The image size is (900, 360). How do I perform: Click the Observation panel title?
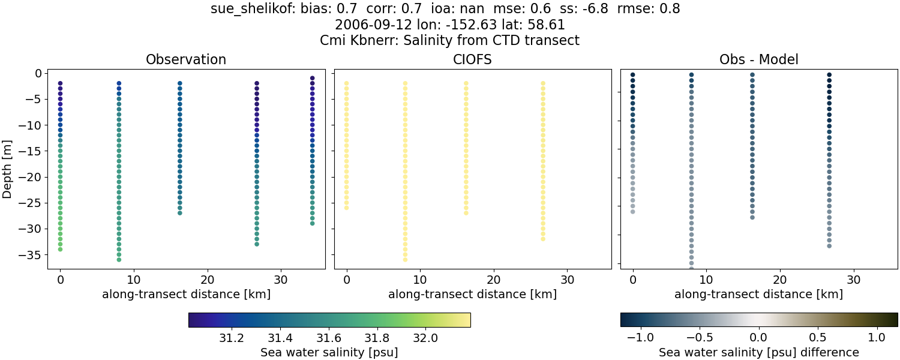coord(186,59)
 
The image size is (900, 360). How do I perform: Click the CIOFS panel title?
coord(473,59)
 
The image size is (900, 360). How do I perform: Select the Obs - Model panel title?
coord(758,59)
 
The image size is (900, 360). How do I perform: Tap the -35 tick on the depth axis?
coord(30,255)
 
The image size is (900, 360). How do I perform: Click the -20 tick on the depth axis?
coord(30,177)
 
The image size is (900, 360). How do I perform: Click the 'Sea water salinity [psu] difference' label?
coord(759,352)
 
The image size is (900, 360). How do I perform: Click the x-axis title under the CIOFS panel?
coord(473,294)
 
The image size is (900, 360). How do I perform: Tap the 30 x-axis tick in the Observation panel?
coord(281,279)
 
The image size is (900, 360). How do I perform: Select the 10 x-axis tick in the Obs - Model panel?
coord(706,279)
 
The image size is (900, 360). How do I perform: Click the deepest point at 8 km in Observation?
coord(119,259)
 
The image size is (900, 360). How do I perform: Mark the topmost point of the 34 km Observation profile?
coord(312,78)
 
